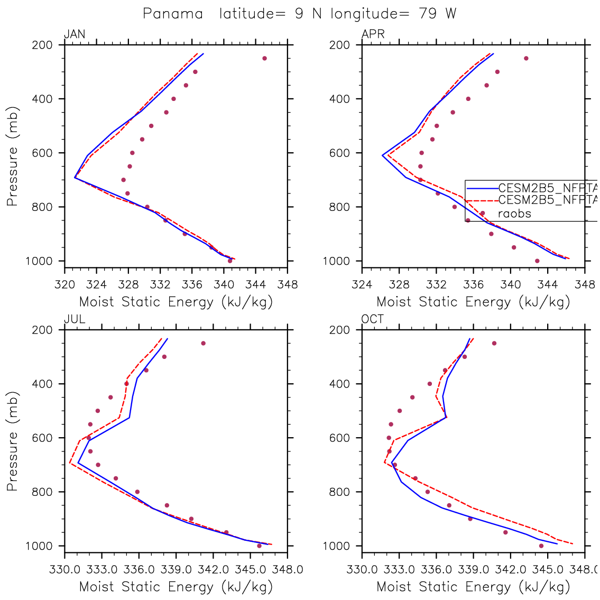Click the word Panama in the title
[x=173, y=14]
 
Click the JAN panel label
[x=74, y=35]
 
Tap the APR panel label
[x=373, y=35]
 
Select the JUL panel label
[x=74, y=319]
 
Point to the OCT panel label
[x=373, y=319]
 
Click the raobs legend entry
[x=514, y=214]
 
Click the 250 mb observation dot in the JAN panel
[x=264, y=58]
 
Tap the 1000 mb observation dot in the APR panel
[x=537, y=261]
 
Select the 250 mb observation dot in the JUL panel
[x=203, y=343]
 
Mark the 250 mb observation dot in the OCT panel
[x=494, y=343]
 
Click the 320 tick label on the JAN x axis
[x=64, y=285]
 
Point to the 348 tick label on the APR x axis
[x=585, y=285]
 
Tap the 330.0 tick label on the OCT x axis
[x=362, y=570]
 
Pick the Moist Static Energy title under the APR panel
[x=473, y=302]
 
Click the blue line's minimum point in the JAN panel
[x=75, y=178]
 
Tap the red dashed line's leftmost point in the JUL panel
[x=70, y=464]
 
